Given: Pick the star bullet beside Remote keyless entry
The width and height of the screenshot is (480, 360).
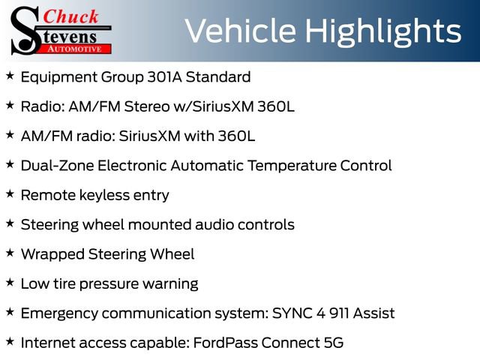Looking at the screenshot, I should [9, 194].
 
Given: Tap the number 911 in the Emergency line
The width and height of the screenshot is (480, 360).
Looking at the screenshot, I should [340, 313].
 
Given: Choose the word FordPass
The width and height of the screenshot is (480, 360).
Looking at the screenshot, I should [230, 343].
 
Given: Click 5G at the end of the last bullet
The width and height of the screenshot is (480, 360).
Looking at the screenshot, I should [331, 343].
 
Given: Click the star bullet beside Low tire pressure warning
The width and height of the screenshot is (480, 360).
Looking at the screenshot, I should [9, 283].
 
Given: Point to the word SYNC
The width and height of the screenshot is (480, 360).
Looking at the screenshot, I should [290, 313].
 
